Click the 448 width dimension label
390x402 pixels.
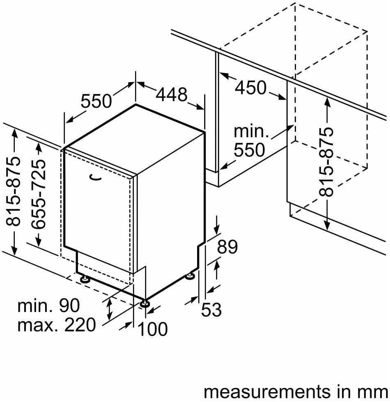coord(172,95)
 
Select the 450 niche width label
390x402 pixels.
coord(251,88)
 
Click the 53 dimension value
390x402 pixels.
coord(211,310)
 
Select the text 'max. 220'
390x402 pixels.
coord(56,325)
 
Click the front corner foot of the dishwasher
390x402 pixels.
coord(145,303)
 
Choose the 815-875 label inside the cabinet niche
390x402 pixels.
coord(326,162)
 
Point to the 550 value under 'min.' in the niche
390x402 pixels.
coord(250,151)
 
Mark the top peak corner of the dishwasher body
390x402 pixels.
coord(136,105)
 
